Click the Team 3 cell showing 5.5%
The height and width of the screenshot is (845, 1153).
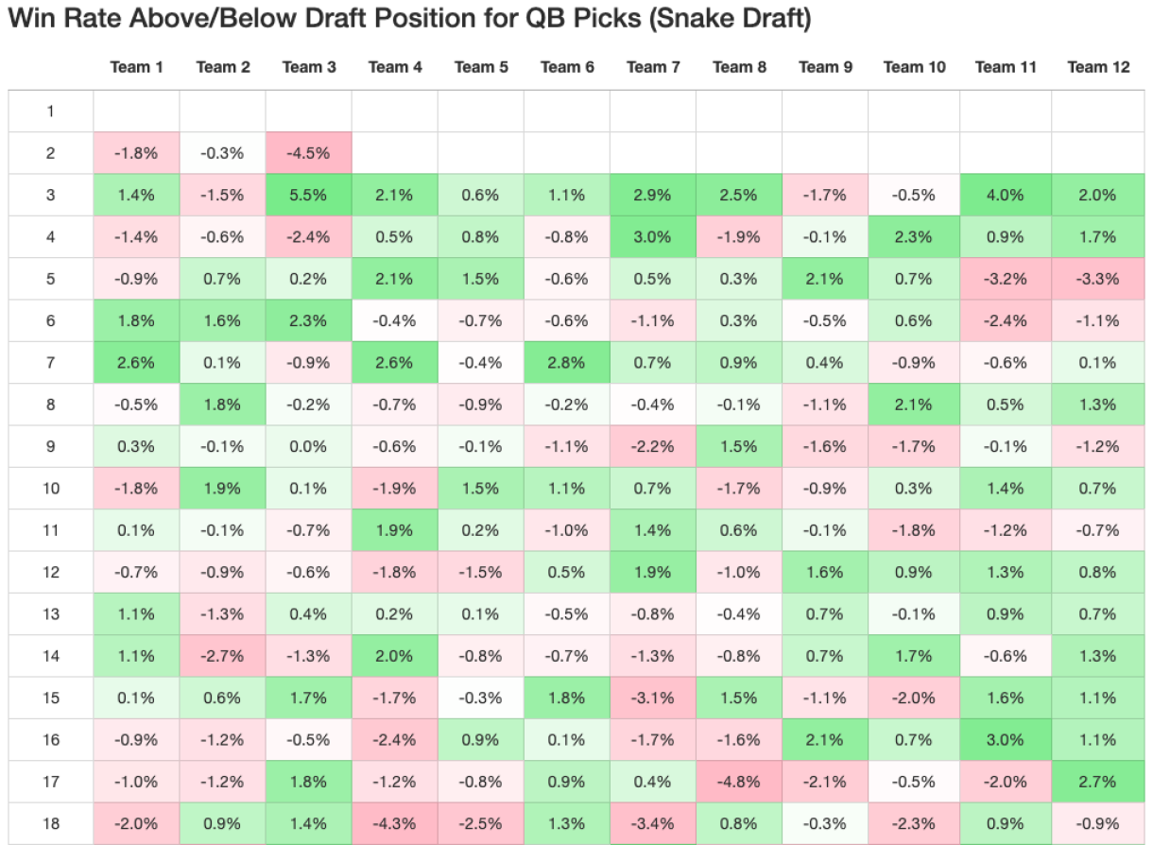pos(309,195)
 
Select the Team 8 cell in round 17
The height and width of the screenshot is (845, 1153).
pos(739,782)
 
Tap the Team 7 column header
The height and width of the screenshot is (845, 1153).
pos(652,66)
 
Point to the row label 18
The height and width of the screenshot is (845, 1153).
pos(50,823)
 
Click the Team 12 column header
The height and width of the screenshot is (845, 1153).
pos(1098,66)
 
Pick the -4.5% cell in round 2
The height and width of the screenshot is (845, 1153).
pos(309,153)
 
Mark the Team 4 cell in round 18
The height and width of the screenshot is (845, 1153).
pos(395,823)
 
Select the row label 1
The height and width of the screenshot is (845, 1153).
pos(50,112)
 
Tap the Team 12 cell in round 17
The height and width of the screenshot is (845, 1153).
pos(1098,782)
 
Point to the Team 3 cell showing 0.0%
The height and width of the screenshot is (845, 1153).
pos(309,446)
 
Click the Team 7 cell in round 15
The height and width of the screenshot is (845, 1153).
pos(652,698)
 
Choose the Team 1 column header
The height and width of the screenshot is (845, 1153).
pos(136,66)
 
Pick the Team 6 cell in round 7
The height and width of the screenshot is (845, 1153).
pos(567,362)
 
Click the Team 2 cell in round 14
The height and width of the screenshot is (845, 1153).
pos(223,656)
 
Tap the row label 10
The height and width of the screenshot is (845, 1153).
pos(50,488)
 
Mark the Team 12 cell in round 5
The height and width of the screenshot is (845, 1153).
pos(1098,279)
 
